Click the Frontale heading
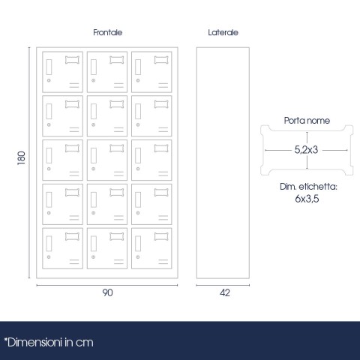pos(108,32)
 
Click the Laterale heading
pos(223,32)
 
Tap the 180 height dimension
pos(22,157)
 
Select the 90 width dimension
pos(107,292)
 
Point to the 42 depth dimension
pos(225,292)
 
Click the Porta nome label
pos(307,121)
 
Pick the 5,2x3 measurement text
pos(306,150)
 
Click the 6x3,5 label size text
pos(307,199)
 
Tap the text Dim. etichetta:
pos(308,187)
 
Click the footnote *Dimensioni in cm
pos(49,343)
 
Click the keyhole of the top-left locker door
pos(49,80)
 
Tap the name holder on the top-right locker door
pos(161,60)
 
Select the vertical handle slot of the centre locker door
pos(94,155)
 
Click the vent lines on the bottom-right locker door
pos(163,262)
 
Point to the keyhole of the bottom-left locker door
pos(49,257)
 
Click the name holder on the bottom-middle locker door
pos(117,236)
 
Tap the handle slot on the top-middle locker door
pos(94,67)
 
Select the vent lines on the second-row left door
pos(74,130)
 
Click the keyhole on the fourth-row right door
pos(138,213)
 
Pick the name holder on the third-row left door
pos(72,148)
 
